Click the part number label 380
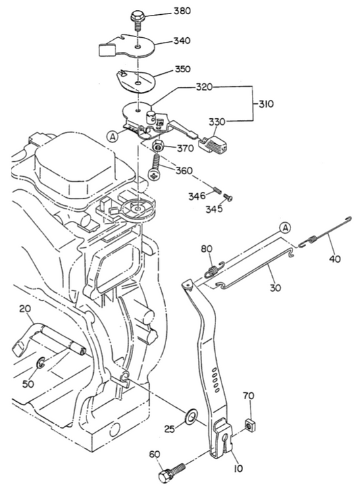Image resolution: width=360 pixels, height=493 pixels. coord(182,11)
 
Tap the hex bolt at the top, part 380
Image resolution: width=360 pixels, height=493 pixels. coord(137,20)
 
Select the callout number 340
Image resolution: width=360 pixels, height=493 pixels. coord(182,41)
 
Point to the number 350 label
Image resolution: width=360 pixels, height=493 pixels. coord(182,69)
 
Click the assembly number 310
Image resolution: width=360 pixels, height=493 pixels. coord(266,104)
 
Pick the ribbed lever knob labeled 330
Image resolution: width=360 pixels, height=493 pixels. coord(214,143)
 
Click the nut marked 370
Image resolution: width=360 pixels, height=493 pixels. coord(158,146)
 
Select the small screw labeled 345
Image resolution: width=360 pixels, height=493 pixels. coord(228,198)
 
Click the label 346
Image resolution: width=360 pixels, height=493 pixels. coord(197,197)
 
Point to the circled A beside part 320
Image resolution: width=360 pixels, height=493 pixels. coord(112,136)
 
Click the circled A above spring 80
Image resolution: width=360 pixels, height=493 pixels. coord(285,228)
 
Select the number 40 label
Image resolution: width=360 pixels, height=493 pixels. coord(335,259)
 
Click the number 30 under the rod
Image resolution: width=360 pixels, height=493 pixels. coord(276,288)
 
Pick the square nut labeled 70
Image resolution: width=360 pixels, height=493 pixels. coord(249,425)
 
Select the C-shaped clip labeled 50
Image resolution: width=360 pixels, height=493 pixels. coord(41,363)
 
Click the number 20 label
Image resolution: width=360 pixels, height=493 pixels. coord(25,309)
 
